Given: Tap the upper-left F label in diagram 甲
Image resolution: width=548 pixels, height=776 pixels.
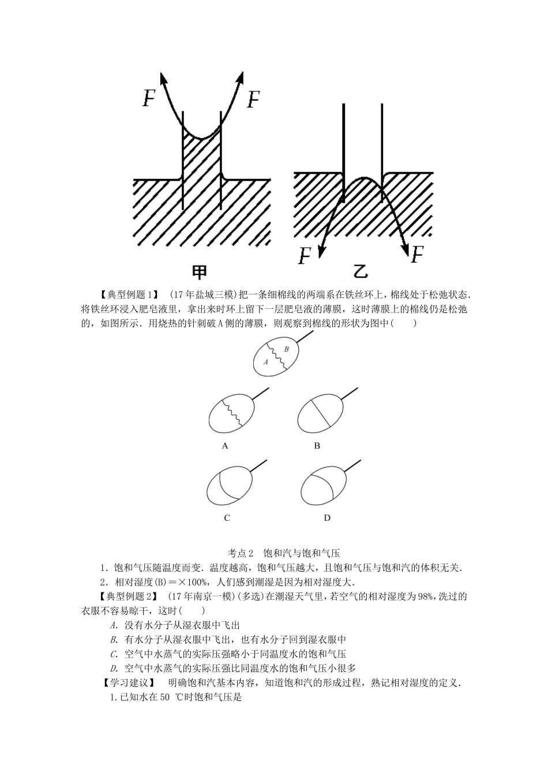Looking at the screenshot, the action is pyautogui.click(x=149, y=99).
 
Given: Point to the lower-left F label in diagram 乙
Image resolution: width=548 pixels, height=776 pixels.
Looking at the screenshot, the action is pyautogui.click(x=305, y=256).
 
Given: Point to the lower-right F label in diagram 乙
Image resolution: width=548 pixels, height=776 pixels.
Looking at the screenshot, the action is pyautogui.click(x=417, y=254).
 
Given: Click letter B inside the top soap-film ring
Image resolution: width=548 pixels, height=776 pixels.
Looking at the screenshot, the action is pyautogui.click(x=286, y=349).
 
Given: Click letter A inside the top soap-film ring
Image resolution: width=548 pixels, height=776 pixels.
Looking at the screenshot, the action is pyautogui.click(x=266, y=363).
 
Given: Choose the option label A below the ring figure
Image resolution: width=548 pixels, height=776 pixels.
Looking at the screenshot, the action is pyautogui.click(x=225, y=446).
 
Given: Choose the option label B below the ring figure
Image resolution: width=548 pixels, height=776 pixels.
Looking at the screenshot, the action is pyautogui.click(x=317, y=446).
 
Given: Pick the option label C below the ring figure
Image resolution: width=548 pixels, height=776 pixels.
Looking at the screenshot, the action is pyautogui.click(x=227, y=518).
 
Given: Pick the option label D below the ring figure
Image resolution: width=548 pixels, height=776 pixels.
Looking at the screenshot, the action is pyautogui.click(x=327, y=518).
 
